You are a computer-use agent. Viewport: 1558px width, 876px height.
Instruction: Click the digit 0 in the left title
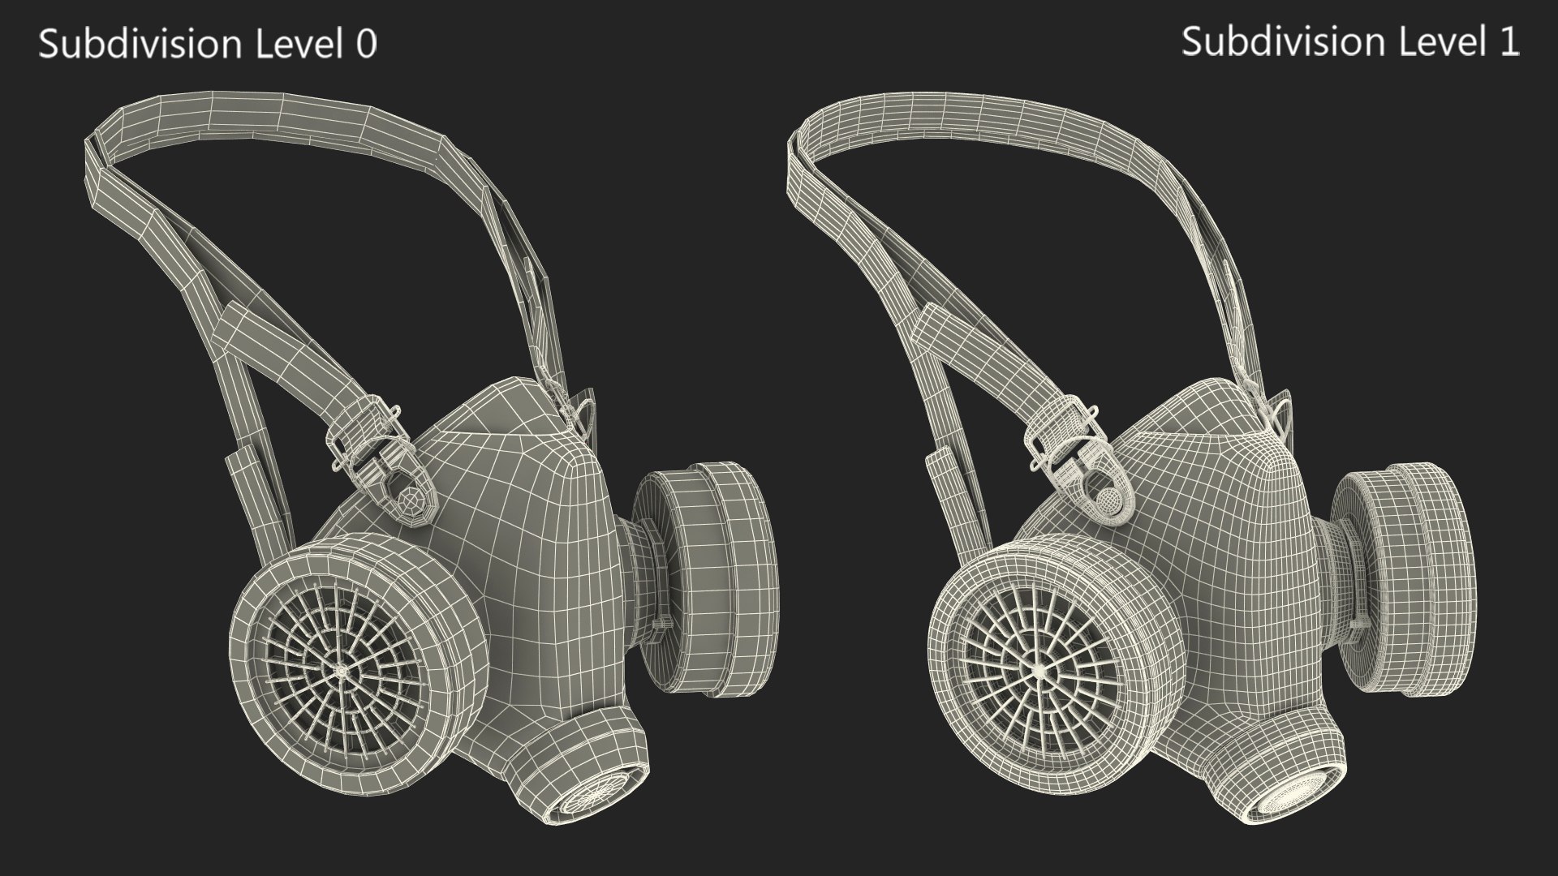[x=367, y=45]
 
